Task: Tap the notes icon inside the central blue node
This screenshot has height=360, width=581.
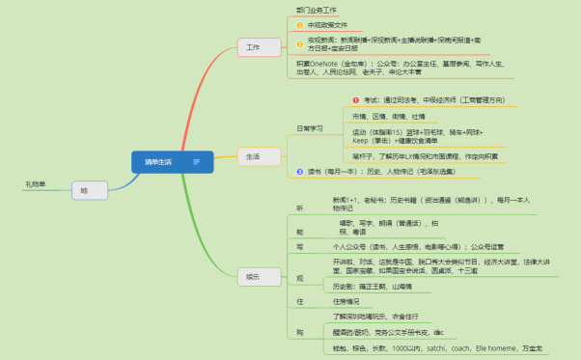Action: (x=197, y=161)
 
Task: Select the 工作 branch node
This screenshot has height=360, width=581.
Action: (x=254, y=46)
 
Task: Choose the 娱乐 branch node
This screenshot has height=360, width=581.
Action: (x=254, y=277)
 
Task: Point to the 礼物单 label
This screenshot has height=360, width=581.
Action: (x=36, y=183)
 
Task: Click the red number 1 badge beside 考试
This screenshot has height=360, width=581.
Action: (x=355, y=98)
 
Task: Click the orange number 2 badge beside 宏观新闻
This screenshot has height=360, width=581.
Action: (x=299, y=43)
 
